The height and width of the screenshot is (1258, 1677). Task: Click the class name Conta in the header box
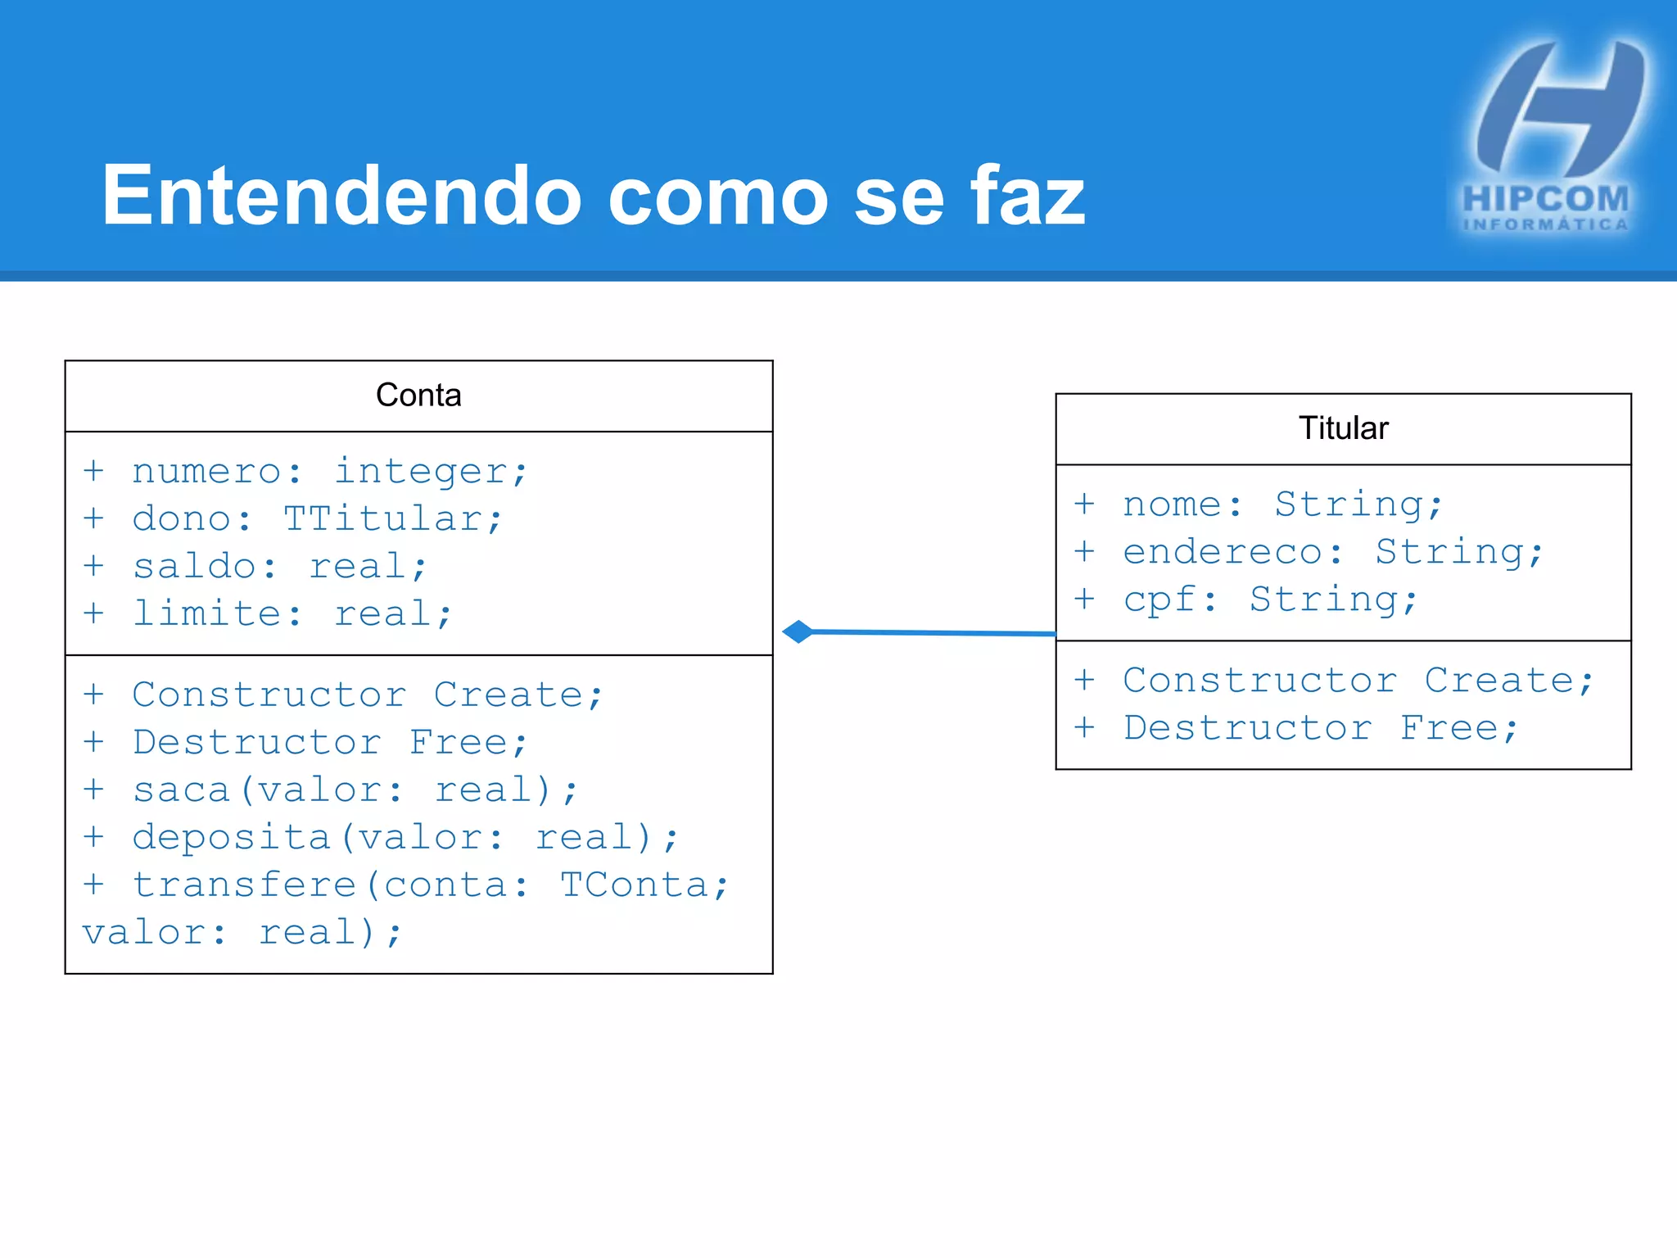coord(418,396)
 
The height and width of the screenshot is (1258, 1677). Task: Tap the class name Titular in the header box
coord(1343,428)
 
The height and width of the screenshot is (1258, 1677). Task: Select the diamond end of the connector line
coord(798,631)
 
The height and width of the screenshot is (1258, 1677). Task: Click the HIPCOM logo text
coord(1544,200)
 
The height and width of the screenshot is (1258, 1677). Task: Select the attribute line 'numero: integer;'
coord(329,472)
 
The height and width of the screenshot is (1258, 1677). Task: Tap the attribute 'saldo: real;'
coord(280,567)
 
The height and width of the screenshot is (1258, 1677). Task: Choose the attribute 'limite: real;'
coord(292,614)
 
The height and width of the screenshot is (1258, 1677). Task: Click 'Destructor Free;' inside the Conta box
coord(329,743)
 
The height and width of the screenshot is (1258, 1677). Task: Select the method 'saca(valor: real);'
coord(355,790)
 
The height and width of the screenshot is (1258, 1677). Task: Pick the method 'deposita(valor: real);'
coord(405,838)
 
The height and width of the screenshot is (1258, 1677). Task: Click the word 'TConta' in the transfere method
coord(634,885)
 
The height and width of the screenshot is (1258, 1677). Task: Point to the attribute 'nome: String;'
coord(1281,505)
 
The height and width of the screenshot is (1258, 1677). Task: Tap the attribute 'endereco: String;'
coord(1332,552)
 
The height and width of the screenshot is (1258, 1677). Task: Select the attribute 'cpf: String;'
coord(1269,600)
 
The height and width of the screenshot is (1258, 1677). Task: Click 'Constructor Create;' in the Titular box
coord(1358,681)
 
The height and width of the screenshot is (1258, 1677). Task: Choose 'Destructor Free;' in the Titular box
coord(1320,728)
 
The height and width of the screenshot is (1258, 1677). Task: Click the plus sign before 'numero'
coord(93,471)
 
